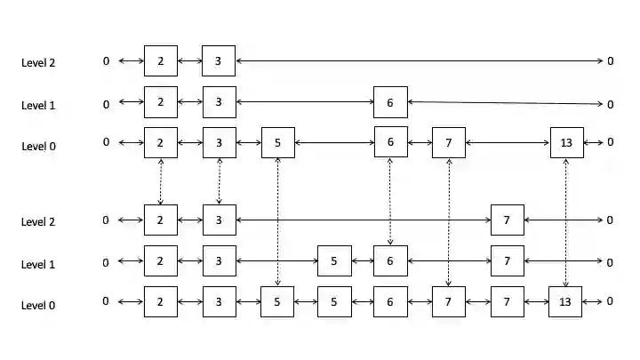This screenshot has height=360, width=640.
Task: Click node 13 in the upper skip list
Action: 567,142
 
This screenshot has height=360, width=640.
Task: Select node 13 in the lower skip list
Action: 565,301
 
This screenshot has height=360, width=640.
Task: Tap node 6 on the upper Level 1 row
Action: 390,102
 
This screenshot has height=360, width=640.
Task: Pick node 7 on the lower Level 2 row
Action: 507,220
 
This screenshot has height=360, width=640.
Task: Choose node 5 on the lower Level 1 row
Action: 333,261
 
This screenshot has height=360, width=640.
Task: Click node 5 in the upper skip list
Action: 278,142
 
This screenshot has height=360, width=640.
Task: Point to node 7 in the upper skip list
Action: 449,142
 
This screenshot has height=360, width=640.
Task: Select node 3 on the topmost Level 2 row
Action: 219,61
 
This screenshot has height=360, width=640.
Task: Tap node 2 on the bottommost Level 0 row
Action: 161,301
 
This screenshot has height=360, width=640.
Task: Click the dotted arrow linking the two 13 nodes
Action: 566,222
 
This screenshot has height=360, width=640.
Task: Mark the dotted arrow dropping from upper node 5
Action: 278,222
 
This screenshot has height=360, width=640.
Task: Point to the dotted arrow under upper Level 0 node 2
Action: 161,181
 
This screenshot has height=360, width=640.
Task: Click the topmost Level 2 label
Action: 38,62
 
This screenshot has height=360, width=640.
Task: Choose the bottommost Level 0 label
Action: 38,305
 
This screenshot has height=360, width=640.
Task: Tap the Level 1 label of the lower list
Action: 38,264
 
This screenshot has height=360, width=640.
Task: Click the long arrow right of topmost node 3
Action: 418,61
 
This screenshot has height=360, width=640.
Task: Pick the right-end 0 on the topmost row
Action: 611,61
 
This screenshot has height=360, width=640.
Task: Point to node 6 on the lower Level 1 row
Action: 390,261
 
